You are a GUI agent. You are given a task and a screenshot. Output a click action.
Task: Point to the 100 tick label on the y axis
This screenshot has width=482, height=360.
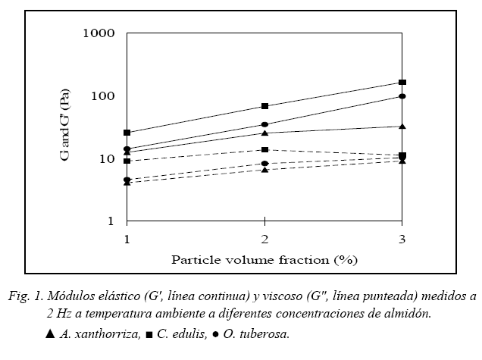click(102, 96)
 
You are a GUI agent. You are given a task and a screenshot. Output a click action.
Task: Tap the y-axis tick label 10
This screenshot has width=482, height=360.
click(106, 159)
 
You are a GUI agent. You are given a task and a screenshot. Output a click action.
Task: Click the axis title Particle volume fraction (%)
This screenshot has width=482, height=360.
click(264, 259)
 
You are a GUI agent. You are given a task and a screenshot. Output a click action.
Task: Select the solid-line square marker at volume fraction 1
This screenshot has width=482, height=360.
click(127, 133)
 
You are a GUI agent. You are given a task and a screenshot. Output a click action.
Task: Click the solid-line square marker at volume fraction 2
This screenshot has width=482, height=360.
click(264, 106)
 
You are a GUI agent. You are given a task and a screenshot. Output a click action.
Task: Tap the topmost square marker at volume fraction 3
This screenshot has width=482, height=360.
click(402, 82)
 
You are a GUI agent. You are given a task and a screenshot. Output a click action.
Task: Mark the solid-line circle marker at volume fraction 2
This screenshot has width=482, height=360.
click(264, 124)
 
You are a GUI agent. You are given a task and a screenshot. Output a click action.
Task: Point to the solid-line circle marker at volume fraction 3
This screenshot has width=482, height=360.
click(402, 96)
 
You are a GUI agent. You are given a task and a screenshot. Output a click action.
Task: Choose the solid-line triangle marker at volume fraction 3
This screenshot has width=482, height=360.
click(402, 126)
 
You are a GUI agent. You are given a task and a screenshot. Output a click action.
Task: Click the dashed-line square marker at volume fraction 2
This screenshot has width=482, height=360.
click(264, 150)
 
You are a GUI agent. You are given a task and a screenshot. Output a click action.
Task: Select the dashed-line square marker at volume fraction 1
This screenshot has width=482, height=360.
click(127, 161)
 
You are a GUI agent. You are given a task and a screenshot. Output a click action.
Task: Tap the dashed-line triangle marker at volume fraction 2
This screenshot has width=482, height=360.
click(264, 169)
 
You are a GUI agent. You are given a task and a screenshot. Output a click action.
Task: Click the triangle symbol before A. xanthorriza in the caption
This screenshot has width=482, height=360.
click(50, 333)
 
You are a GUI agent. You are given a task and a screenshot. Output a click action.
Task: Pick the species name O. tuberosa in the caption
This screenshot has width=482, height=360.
click(255, 333)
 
